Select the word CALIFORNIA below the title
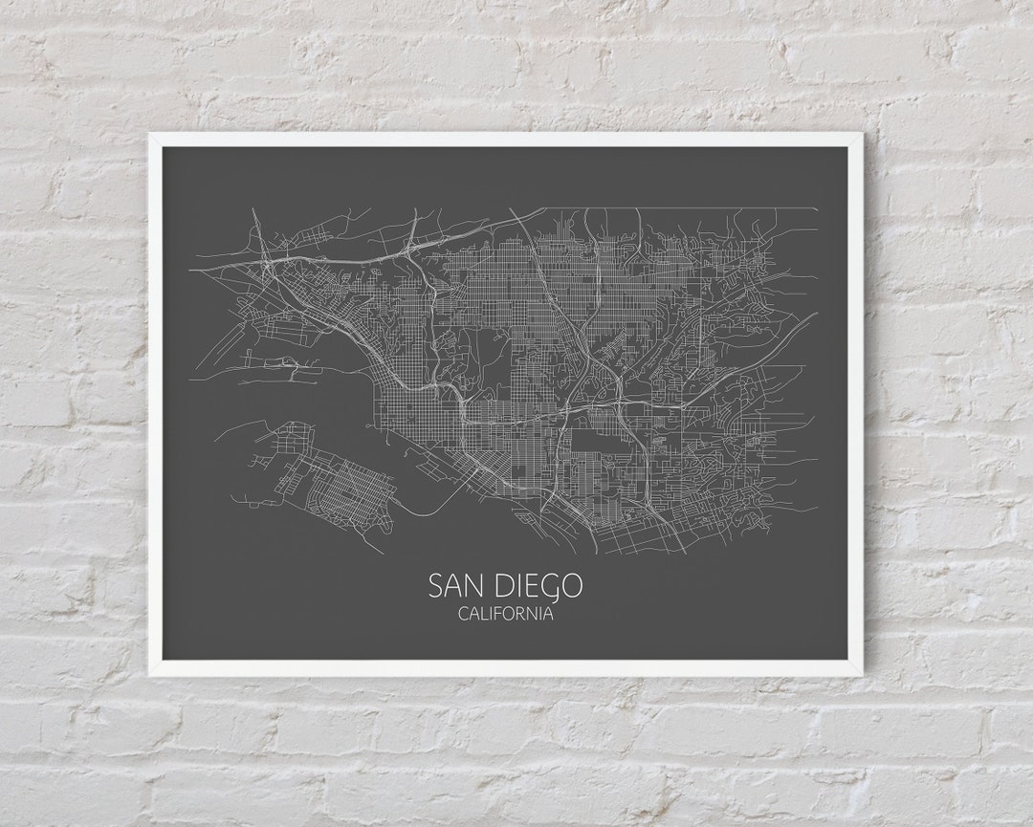tap(505, 614)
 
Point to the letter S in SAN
tap(436, 585)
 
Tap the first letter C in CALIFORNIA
tap(464, 614)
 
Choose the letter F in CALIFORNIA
tap(499, 614)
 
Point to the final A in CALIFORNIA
tap(547, 614)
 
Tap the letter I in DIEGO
tap(518, 585)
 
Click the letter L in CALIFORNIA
tap(484, 614)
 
